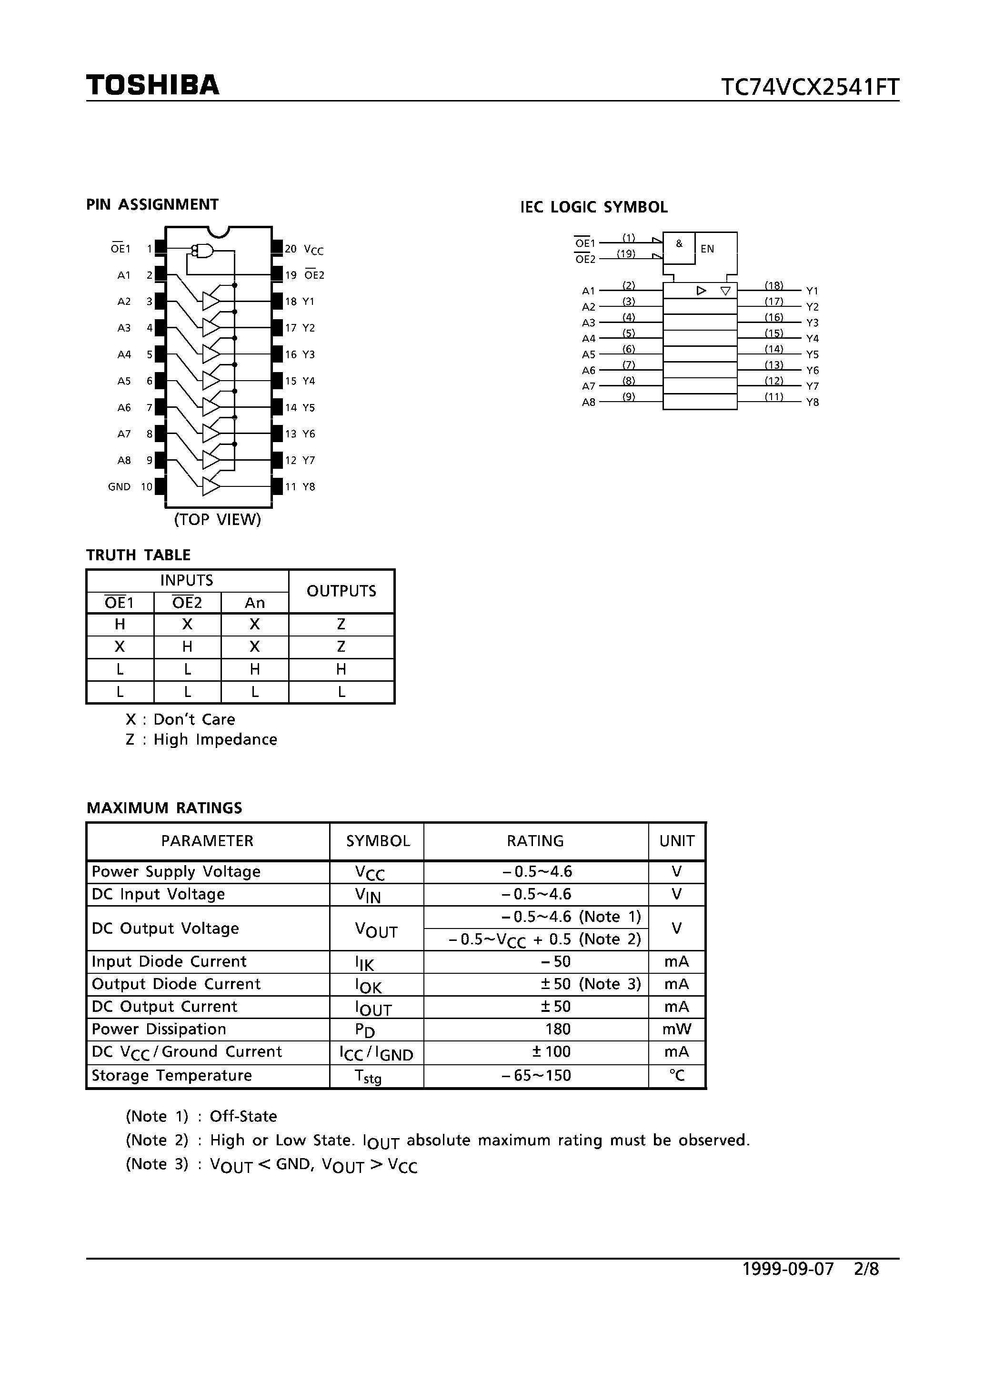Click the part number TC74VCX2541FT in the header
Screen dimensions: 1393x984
pos(809,87)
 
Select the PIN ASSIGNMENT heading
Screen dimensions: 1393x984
pos(152,204)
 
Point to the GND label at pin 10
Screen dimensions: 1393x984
pos(119,486)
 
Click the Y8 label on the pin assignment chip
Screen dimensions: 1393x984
pos(309,486)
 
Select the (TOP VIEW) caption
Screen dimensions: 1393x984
pos(217,519)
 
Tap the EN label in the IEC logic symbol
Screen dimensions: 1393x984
pos(707,249)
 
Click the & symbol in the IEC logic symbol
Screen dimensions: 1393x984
pos(679,244)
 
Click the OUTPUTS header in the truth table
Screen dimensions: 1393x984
pos(341,591)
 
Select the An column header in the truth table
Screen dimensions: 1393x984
pos(255,603)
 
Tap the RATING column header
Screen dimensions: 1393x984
pos(535,841)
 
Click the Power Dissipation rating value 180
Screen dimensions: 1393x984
pos(558,1029)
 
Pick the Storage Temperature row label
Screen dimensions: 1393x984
pos(171,1075)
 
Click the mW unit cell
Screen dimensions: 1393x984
pos(676,1029)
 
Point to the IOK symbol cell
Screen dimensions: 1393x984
pos(368,985)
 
